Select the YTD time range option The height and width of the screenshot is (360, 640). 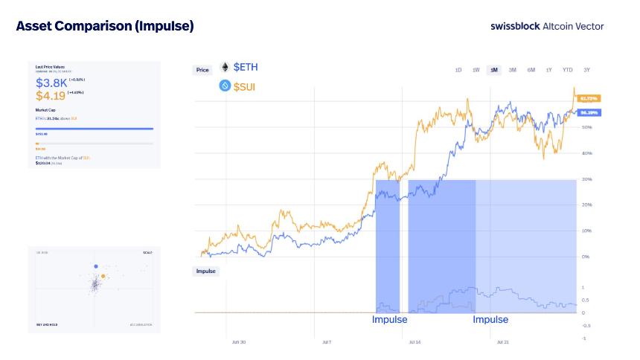coord(567,70)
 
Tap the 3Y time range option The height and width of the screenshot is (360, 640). coord(587,70)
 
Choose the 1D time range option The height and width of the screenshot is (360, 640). coord(458,70)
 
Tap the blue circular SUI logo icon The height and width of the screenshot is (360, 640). coord(225,86)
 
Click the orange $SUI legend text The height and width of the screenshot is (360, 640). coord(246,87)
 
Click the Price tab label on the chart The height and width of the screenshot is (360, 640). coord(202,70)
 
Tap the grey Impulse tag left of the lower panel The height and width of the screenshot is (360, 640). coord(206,271)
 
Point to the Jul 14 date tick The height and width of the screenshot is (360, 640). coord(415,343)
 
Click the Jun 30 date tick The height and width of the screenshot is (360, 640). coord(240,343)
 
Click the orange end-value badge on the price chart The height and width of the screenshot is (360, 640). coord(589,98)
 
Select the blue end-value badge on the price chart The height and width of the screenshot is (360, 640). coord(589,112)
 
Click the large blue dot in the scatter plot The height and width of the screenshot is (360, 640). coord(96,266)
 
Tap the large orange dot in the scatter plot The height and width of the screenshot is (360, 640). coord(103,276)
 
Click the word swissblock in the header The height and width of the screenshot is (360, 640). coord(515,26)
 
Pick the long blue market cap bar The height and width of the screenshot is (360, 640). coord(95,129)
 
